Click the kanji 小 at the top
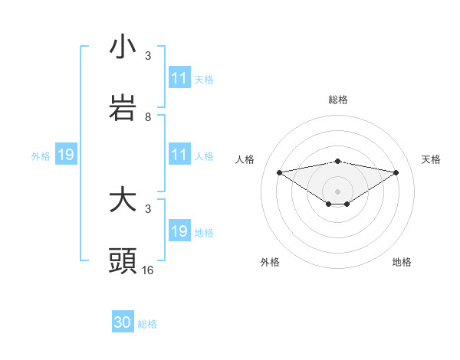click(x=123, y=47)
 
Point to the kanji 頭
click(x=123, y=261)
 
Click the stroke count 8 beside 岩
click(x=148, y=117)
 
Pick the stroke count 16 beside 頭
click(x=148, y=270)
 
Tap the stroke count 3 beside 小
click(x=148, y=56)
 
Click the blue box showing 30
click(x=123, y=323)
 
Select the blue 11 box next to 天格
click(x=179, y=78)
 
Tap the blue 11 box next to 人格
click(x=179, y=155)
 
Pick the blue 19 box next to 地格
click(x=179, y=231)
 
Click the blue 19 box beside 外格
click(x=65, y=155)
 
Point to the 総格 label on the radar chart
click(x=338, y=100)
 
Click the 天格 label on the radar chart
click(x=432, y=159)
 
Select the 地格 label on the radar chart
click(x=402, y=262)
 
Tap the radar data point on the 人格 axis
click(x=280, y=172)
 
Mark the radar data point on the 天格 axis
click(x=396, y=172)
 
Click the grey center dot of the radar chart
click(x=338, y=191)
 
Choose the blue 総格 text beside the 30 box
click(x=147, y=324)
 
